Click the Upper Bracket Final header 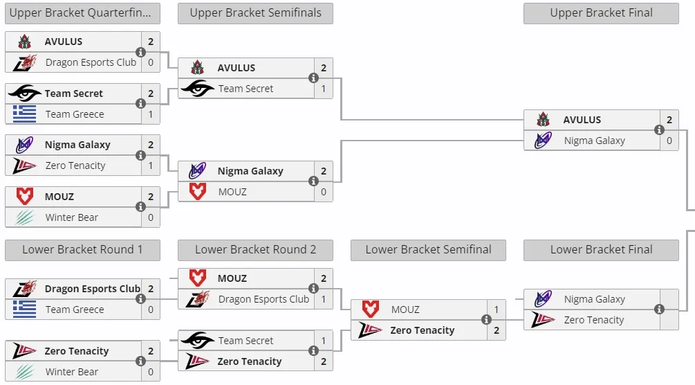point(601,13)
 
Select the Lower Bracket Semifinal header point(428,250)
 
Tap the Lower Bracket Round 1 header point(82,250)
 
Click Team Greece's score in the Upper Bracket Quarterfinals point(151,114)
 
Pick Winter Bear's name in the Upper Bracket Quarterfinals point(72,217)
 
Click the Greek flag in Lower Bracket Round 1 point(24,309)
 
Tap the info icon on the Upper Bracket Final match point(659,129)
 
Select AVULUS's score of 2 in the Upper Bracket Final point(669,120)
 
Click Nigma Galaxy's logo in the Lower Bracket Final point(543,299)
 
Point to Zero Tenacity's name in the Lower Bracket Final point(594,320)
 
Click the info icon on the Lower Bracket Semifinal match point(486,320)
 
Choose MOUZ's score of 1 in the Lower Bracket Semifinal point(497,310)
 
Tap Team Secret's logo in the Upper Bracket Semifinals point(198,89)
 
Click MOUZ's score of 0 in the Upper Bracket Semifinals point(324,192)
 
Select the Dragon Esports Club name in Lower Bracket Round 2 point(263,299)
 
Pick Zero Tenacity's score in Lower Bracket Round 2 point(324,361)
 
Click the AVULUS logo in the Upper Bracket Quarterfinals point(24,42)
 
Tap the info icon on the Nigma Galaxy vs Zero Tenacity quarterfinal point(140,155)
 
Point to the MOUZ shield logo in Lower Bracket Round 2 point(198,278)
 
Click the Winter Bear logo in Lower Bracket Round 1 point(25,372)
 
